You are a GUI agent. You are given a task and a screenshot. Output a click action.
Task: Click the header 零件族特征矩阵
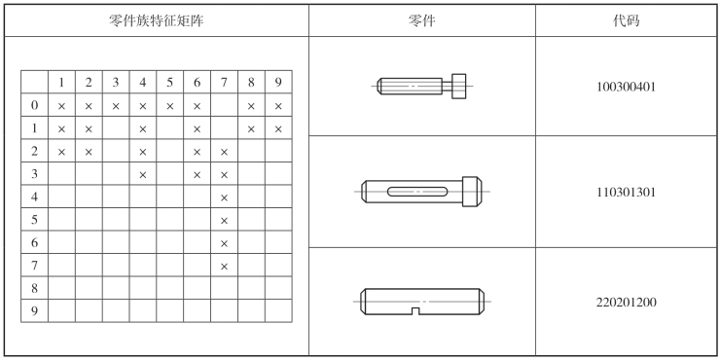[x=156, y=20]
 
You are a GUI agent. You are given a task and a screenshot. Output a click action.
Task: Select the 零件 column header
[x=421, y=20]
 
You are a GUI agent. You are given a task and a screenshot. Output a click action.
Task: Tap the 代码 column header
[x=626, y=20]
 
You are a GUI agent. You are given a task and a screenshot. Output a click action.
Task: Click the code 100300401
[x=626, y=87]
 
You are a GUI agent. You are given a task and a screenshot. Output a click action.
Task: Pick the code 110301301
[x=626, y=192]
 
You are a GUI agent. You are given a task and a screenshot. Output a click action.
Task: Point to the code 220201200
[x=626, y=303]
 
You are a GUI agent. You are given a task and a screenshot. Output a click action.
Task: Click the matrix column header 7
[x=224, y=82]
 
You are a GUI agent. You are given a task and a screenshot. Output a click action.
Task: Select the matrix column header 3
[x=115, y=82]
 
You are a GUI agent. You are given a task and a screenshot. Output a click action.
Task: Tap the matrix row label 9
[x=34, y=311]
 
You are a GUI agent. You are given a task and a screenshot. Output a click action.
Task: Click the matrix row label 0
[x=34, y=105]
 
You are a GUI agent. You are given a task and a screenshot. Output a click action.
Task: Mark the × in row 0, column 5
[x=170, y=106]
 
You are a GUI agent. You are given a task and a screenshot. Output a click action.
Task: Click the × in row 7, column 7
[x=224, y=267]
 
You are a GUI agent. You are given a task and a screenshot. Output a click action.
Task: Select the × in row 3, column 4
[x=143, y=175]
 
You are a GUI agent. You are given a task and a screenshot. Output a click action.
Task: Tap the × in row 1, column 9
[x=278, y=129]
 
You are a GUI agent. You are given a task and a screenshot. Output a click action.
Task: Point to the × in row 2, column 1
[x=61, y=152]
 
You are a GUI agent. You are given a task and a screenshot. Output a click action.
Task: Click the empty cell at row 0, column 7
[x=224, y=105]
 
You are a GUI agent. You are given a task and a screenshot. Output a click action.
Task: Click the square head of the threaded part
[x=458, y=86]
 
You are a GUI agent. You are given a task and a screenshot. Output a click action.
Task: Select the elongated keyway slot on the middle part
[x=416, y=192]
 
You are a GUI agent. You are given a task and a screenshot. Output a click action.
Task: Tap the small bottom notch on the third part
[x=415, y=311]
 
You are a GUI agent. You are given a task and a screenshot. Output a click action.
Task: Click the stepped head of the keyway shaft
[x=472, y=192]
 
